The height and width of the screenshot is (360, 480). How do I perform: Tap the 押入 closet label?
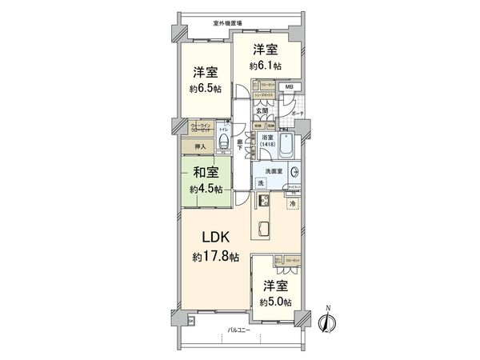[200, 146]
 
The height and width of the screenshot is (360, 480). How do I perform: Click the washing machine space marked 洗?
[261, 185]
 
